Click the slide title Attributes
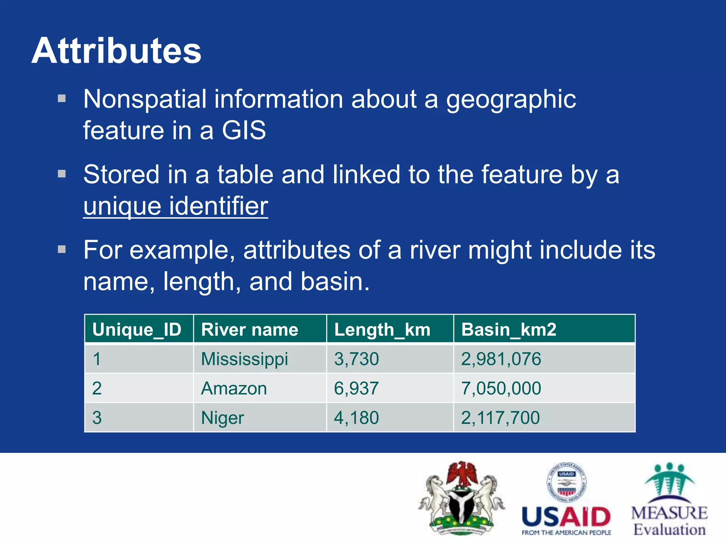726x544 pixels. coord(116,51)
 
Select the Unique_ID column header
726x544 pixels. coord(137,330)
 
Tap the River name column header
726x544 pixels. coord(250,330)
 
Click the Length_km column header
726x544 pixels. coord(382,330)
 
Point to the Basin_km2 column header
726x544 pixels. coord(508,330)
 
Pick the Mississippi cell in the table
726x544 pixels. coord(244,359)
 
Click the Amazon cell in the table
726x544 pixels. coord(234,389)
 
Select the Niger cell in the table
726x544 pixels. coord(222,418)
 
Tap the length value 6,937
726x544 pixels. coord(356,389)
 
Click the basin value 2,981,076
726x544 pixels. coord(501,359)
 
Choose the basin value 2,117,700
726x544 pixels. coord(500,418)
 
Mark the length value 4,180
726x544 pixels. coord(356,418)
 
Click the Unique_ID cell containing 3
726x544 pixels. coord(97,418)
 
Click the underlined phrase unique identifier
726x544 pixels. coord(175,206)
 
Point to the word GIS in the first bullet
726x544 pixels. coord(244,130)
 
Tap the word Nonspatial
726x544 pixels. coord(145,99)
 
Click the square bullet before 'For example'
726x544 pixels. coord(62,249)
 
